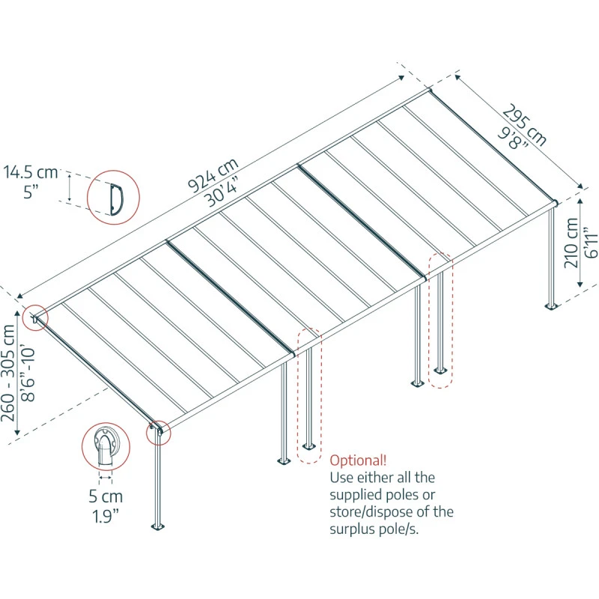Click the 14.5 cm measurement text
pyautogui.click(x=30, y=173)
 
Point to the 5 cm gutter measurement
pyautogui.click(x=105, y=496)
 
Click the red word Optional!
pyautogui.click(x=359, y=460)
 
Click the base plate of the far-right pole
pyautogui.click(x=552, y=306)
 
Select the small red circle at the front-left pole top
pyautogui.click(x=159, y=431)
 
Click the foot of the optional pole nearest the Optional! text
pyautogui.click(x=308, y=448)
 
